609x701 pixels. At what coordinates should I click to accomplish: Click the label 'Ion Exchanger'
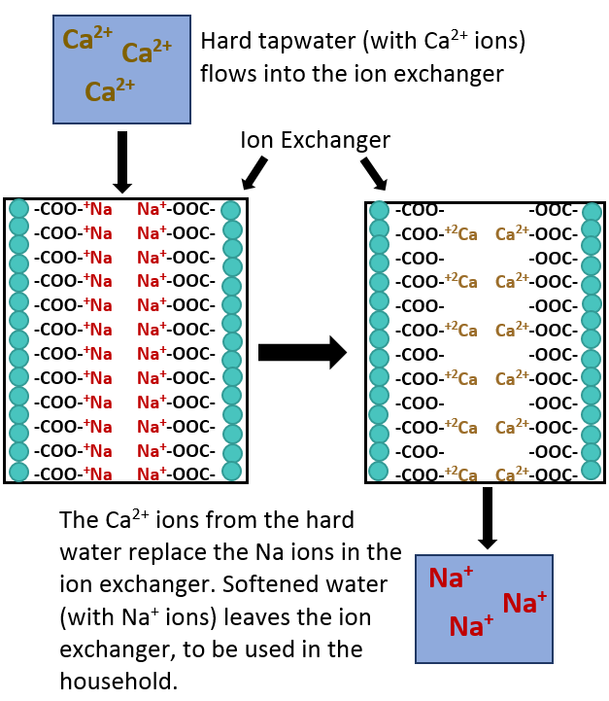click(x=315, y=140)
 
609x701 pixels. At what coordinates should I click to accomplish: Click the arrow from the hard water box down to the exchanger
click(x=122, y=161)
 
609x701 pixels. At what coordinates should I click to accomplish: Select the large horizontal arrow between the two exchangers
click(x=302, y=352)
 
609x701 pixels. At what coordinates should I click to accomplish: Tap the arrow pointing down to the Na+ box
click(x=488, y=517)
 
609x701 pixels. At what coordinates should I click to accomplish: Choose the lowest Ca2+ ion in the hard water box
click(x=110, y=91)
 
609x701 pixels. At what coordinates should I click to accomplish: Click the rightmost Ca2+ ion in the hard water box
click(x=148, y=52)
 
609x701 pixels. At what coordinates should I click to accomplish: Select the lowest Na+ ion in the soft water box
click(x=471, y=626)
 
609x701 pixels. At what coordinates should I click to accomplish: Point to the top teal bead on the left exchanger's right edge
click(x=231, y=210)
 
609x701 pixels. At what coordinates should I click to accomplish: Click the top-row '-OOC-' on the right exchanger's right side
click(x=553, y=210)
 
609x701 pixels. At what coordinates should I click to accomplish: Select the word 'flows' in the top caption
click(x=225, y=73)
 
